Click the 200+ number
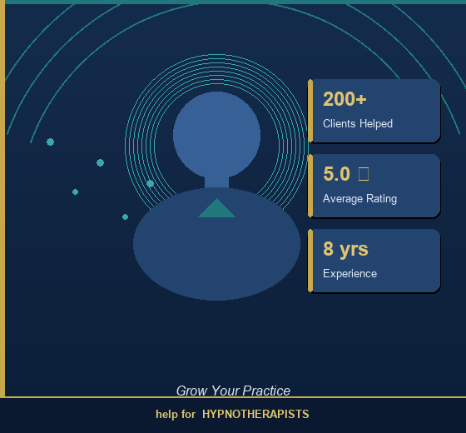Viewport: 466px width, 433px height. (x=345, y=99)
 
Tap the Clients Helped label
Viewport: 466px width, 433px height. (x=358, y=124)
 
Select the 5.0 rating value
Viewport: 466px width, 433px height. (x=336, y=174)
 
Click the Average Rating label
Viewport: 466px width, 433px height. (x=359, y=199)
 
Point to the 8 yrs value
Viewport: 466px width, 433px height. (x=345, y=249)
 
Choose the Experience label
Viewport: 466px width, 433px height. (x=349, y=274)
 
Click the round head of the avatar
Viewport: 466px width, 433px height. (x=216, y=135)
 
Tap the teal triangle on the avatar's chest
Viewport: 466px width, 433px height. (x=216, y=209)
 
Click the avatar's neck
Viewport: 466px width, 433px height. (x=216, y=182)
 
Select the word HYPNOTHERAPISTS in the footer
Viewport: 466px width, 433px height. (x=255, y=414)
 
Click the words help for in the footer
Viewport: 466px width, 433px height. (x=176, y=414)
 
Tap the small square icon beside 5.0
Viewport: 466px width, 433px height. (x=364, y=173)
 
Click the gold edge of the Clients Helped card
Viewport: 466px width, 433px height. (x=310, y=111)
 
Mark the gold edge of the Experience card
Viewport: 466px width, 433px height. (x=310, y=261)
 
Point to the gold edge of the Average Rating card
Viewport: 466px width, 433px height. (x=310, y=186)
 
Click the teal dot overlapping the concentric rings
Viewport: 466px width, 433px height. (x=150, y=183)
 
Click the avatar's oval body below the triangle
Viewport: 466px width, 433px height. (x=216, y=258)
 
